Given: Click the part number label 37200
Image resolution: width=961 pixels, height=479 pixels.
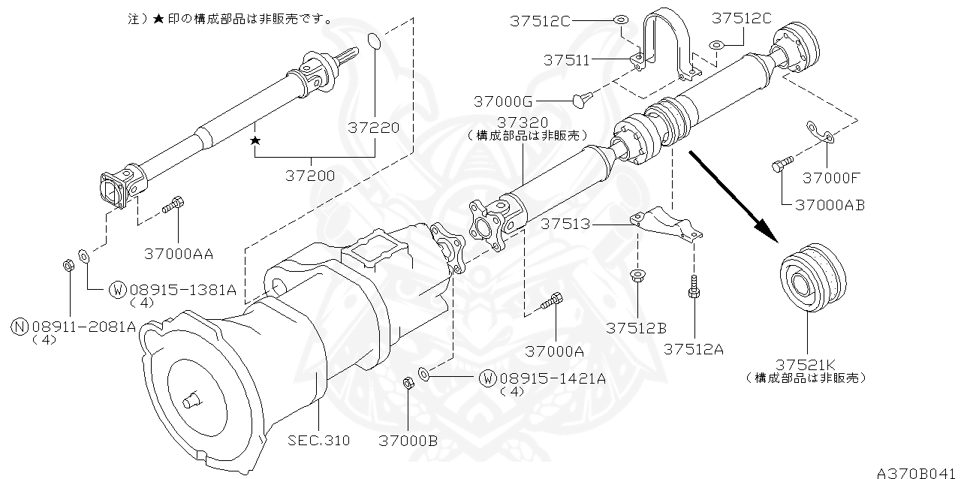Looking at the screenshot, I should [310, 176].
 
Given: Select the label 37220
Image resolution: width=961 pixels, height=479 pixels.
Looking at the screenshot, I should [373, 128].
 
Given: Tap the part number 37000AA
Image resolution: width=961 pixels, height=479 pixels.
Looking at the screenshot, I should [179, 254].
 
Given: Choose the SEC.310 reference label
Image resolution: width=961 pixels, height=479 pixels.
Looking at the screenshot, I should [319, 441].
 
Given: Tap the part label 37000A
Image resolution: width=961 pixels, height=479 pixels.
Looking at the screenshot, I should [555, 351].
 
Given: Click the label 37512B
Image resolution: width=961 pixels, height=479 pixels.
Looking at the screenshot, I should [637, 328].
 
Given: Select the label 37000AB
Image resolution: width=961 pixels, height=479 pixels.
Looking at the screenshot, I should [830, 204].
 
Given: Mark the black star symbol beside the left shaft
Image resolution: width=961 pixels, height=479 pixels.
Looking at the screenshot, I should [255, 140].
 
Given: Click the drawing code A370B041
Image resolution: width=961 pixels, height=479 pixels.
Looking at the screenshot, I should [917, 472].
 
